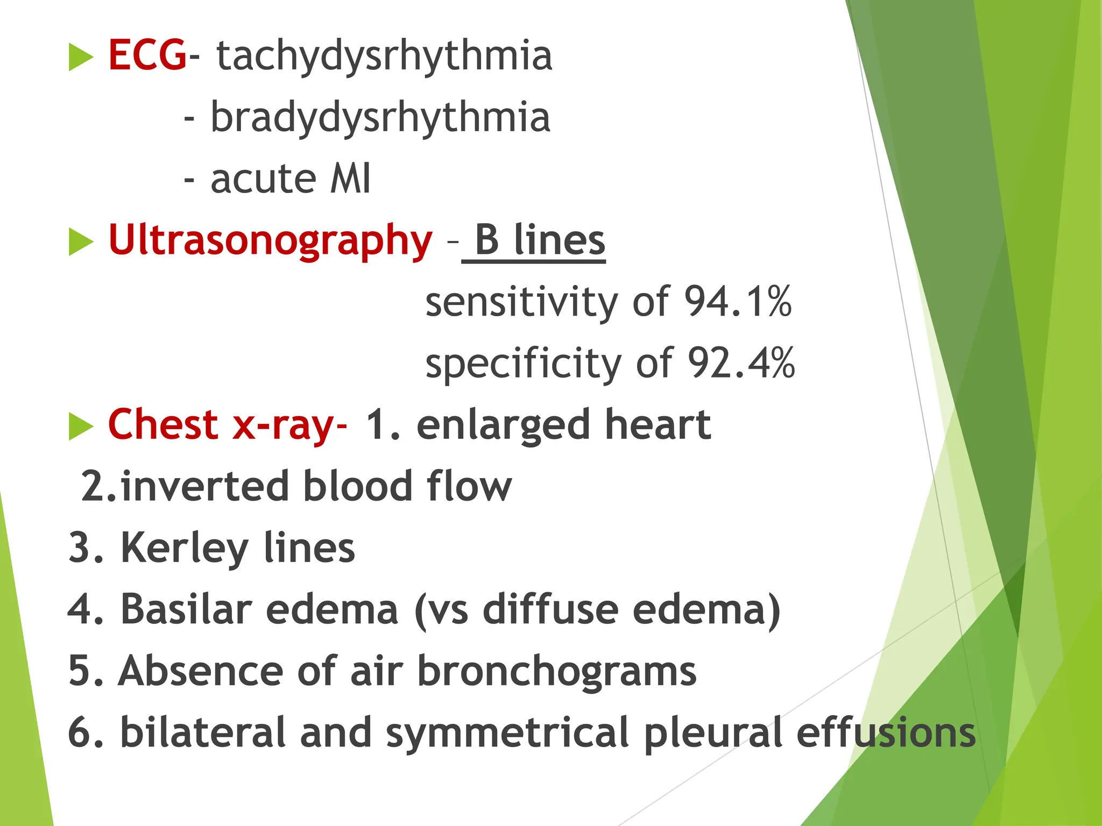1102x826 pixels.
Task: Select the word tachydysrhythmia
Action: (x=384, y=56)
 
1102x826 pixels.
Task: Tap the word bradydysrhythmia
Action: (x=380, y=117)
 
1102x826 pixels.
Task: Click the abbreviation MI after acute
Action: (x=350, y=179)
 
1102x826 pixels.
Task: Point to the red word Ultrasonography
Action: (x=270, y=240)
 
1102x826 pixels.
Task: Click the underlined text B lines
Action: (x=540, y=240)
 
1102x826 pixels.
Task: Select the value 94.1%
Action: (x=738, y=301)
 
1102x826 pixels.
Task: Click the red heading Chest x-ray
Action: (x=226, y=425)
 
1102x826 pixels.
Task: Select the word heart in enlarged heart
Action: (x=658, y=425)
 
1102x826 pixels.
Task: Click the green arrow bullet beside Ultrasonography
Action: (x=81, y=241)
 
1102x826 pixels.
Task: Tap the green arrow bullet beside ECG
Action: (x=81, y=56)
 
